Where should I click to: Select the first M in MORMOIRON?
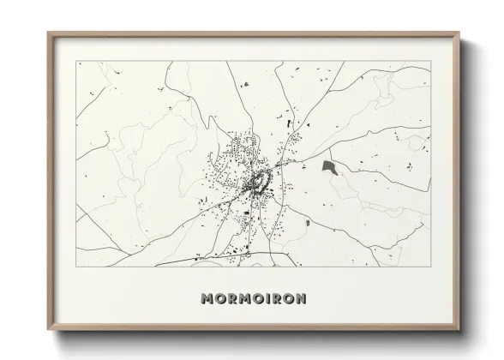pyautogui.click(x=207, y=298)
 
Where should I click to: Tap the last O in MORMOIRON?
pyautogui.click(x=285, y=298)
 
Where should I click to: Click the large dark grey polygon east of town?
pyautogui.click(x=328, y=166)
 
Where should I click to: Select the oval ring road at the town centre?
pyautogui.click(x=257, y=182)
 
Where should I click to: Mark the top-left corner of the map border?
pyautogui.click(x=76, y=61)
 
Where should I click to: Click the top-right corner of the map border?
pyautogui.click(x=430, y=61)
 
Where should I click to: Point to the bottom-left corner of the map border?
pyautogui.click(x=76, y=267)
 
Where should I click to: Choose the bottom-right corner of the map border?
pyautogui.click(x=430, y=267)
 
